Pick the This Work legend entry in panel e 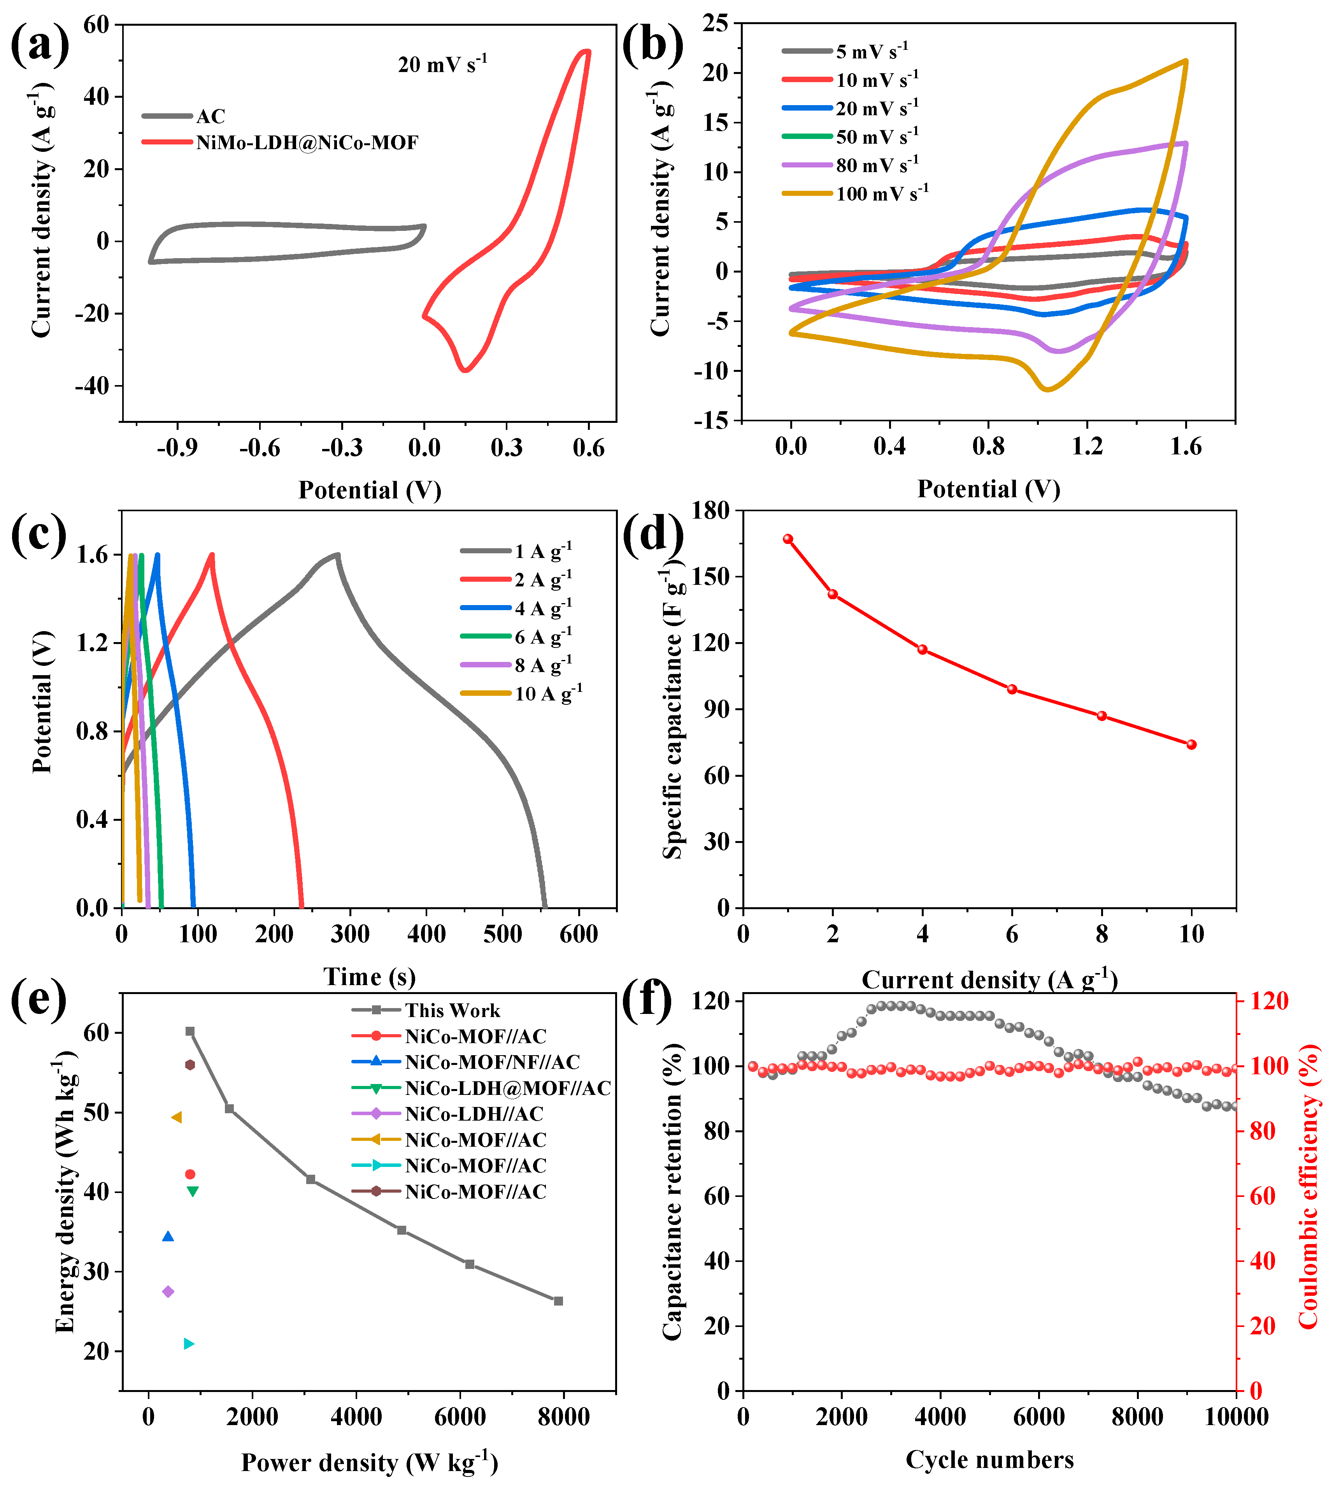pos(452,1011)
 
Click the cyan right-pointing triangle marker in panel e pos(189,1344)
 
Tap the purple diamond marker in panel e pos(168,1291)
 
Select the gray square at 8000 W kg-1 pos(558,1301)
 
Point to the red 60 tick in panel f pos(1262,1196)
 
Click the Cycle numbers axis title pos(989,1459)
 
